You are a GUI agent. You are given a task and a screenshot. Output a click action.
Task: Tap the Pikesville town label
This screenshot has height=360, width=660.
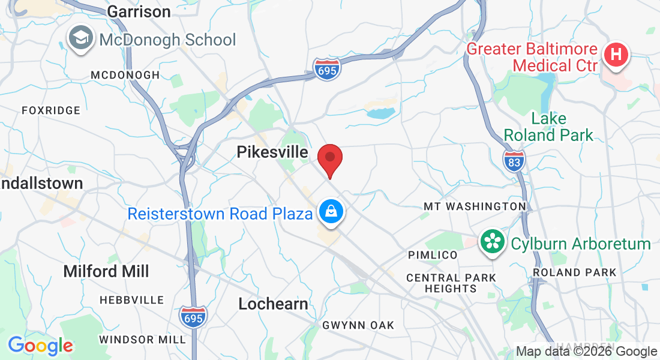pyautogui.click(x=272, y=152)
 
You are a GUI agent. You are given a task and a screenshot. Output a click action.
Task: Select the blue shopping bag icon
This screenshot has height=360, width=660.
pyautogui.click(x=330, y=212)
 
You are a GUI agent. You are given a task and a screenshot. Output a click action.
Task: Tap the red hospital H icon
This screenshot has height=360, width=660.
pyautogui.click(x=616, y=56)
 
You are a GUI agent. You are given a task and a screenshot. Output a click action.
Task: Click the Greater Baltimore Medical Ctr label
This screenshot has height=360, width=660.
pyautogui.click(x=532, y=57)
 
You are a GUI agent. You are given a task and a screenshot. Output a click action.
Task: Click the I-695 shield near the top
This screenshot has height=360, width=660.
pyautogui.click(x=326, y=68)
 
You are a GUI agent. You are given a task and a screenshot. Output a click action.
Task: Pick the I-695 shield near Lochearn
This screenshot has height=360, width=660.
pyautogui.click(x=193, y=316)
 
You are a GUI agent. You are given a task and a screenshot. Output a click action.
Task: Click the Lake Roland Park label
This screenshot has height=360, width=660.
pyautogui.click(x=548, y=127)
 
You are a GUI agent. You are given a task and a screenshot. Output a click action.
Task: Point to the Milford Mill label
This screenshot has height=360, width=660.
pyautogui.click(x=106, y=271)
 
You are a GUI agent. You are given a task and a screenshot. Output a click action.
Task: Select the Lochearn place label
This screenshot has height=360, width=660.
pyautogui.click(x=273, y=304)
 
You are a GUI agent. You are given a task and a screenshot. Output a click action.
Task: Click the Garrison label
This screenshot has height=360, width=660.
pyautogui.click(x=139, y=11)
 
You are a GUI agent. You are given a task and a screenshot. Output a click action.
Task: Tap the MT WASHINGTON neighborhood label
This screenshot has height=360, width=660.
pyautogui.click(x=475, y=206)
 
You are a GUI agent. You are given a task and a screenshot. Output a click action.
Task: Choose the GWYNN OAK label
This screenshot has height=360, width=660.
pyautogui.click(x=358, y=325)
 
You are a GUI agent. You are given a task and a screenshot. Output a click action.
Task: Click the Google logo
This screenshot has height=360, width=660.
pyautogui.click(x=40, y=346)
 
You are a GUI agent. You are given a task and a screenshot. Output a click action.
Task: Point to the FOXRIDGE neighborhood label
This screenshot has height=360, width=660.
pyautogui.click(x=51, y=110)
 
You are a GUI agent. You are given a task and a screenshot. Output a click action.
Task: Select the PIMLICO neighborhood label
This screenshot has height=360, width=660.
pyautogui.click(x=433, y=255)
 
